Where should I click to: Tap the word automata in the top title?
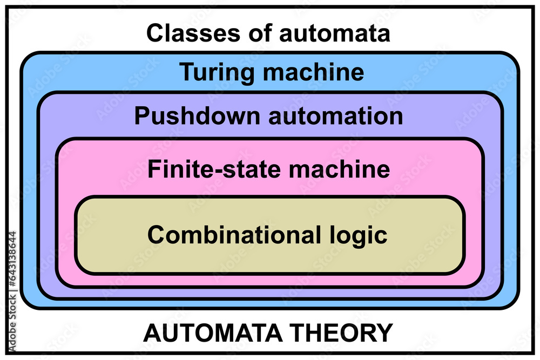pyautogui.click(x=334, y=33)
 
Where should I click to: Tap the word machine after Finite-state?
pyautogui.click(x=340, y=169)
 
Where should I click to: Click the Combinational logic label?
pyautogui.click(x=267, y=235)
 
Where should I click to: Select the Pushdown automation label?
pyautogui.click(x=268, y=116)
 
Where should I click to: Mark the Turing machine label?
pyautogui.click(x=272, y=72)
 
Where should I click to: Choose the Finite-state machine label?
pyautogui.click(x=268, y=169)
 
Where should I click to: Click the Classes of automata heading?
pyautogui.click(x=268, y=33)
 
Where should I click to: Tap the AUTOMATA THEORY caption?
pyautogui.click(x=268, y=333)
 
